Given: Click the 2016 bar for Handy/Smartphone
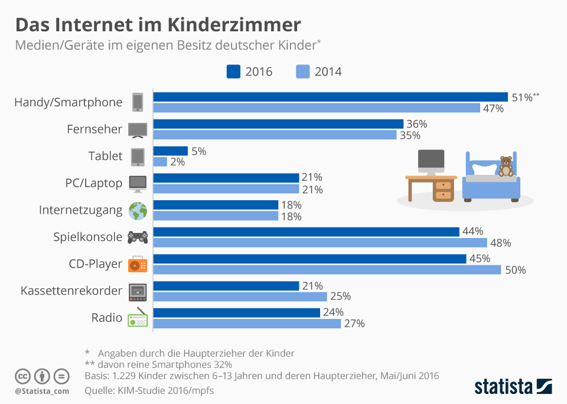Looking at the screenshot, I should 331,97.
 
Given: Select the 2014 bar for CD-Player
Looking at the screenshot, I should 327,270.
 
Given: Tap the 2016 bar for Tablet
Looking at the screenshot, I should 171,151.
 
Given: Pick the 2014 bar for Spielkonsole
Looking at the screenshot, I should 320,243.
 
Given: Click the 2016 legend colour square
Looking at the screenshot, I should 233,71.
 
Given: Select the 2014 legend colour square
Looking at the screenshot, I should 302,71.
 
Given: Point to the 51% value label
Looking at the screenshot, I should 522,97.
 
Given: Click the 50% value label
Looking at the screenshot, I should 514,270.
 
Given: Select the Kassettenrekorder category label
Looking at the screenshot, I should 71,291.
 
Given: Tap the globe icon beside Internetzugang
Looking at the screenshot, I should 138,210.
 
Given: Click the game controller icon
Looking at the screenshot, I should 138,237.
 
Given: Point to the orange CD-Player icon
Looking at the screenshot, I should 138,264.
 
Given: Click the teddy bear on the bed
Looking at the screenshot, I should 506,166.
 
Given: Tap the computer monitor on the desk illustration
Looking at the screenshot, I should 431,161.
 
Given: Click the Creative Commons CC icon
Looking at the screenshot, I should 22,376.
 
